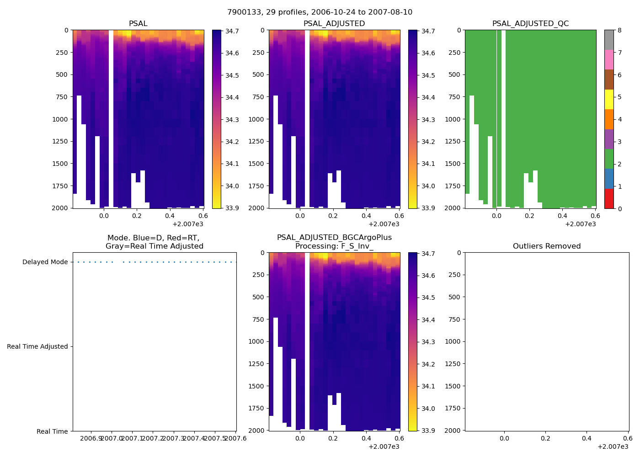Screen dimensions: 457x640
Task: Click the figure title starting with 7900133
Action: coord(320,12)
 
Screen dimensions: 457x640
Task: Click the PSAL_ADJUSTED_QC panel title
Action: coord(530,24)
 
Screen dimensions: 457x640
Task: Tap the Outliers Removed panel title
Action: coord(547,246)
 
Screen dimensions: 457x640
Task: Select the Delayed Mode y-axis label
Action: coord(45,262)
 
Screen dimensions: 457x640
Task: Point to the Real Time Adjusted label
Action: coord(37,347)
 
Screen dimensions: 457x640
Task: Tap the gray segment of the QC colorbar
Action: coord(609,40)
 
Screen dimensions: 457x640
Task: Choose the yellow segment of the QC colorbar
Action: coord(609,99)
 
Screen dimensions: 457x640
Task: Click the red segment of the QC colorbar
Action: coord(609,199)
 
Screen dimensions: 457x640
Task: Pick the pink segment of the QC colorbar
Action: coord(609,59)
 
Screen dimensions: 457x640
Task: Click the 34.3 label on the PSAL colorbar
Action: coord(232,120)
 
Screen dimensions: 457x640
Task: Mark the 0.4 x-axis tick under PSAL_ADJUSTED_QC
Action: coord(562,216)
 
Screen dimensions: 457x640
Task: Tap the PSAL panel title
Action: coord(138,24)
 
